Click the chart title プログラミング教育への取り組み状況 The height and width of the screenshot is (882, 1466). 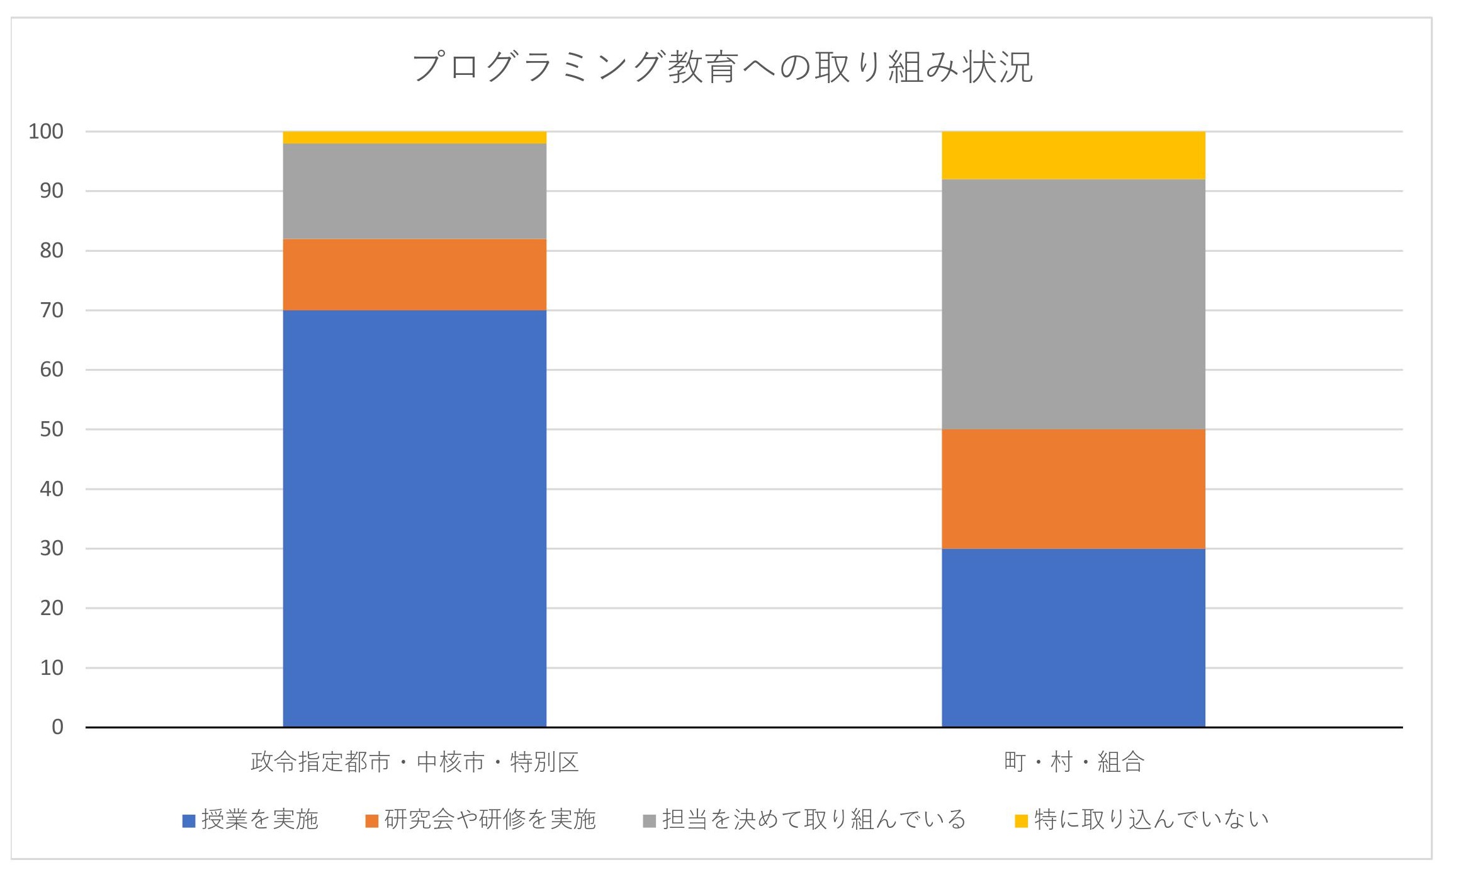click(x=722, y=67)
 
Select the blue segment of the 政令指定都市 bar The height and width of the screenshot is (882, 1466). click(x=414, y=518)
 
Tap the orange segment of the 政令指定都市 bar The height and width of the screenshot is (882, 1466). click(x=414, y=274)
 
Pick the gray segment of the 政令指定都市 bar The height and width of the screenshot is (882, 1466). click(x=414, y=191)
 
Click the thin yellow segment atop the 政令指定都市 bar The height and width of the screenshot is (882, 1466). click(x=414, y=137)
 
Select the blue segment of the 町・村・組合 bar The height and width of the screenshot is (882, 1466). click(x=1073, y=637)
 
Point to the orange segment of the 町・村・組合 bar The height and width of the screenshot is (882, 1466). click(x=1073, y=489)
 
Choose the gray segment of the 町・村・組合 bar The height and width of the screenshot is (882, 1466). click(x=1073, y=304)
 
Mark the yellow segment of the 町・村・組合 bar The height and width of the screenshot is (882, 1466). click(x=1073, y=155)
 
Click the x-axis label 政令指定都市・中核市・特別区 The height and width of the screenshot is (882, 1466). click(x=414, y=762)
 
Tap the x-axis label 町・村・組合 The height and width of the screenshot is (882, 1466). click(x=1073, y=762)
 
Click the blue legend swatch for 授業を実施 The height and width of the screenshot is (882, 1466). click(x=189, y=821)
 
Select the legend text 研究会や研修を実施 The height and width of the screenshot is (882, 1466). click(x=490, y=819)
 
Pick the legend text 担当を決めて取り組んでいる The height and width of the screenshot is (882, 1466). click(x=813, y=819)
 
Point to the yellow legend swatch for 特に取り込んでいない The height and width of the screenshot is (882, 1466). click(x=1021, y=821)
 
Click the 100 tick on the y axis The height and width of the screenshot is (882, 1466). click(x=46, y=132)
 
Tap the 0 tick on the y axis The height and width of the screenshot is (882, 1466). click(x=57, y=727)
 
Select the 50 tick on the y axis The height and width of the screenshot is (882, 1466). click(x=52, y=429)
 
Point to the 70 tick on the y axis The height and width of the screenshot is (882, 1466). click(x=52, y=310)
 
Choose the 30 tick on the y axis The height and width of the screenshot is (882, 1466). click(x=52, y=548)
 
